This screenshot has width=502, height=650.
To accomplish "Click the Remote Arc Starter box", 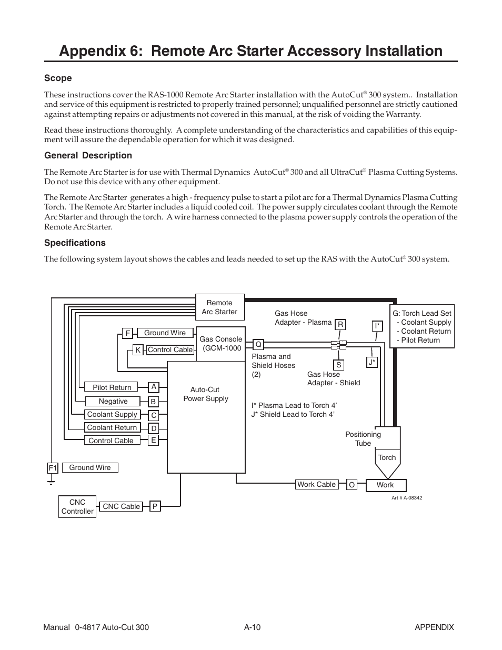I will click(x=219, y=307).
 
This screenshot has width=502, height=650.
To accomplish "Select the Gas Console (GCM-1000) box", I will click(x=220, y=344).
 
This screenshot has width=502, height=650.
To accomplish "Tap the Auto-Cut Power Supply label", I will click(x=205, y=394).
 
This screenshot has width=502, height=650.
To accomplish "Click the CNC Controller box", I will click(x=77, y=507).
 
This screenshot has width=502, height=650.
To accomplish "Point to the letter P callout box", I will click(x=155, y=506).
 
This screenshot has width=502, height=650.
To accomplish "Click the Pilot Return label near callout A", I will click(x=112, y=387).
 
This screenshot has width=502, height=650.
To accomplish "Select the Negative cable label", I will click(x=113, y=401).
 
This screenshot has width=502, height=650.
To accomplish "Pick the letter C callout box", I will click(x=154, y=415).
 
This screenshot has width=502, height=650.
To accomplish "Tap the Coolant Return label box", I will click(x=112, y=428).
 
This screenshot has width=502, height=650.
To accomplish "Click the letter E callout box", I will click(x=153, y=441).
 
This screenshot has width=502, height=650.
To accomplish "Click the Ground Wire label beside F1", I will click(x=90, y=467).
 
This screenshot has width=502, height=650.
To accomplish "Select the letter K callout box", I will click(x=137, y=350).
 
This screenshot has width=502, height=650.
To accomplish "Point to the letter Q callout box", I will click(x=258, y=344).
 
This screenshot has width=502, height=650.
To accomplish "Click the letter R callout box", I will click(x=340, y=325).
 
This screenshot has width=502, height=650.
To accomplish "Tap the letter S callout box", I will click(x=339, y=365).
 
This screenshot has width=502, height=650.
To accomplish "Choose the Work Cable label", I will click(x=316, y=484).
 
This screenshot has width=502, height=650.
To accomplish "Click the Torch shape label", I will click(x=387, y=457).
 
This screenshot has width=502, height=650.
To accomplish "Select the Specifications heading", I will click(x=75, y=243).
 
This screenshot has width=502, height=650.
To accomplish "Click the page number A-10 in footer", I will click(x=253, y=627).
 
